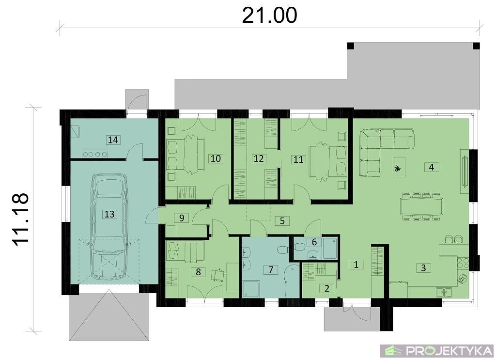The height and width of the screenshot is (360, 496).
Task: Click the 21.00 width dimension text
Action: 269,15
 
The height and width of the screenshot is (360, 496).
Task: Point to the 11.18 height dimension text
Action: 20,219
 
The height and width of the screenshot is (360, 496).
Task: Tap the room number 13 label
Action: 109,214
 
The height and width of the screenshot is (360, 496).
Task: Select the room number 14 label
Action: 113,140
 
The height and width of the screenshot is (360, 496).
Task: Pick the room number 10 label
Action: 216,158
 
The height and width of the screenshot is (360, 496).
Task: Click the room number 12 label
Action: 259,158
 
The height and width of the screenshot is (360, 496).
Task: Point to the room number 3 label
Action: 423,267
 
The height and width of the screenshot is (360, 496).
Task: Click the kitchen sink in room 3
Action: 444,292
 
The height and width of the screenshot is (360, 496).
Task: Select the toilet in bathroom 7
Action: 282,250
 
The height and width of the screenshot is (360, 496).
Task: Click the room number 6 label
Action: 314,242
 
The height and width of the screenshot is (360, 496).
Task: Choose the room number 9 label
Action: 182,218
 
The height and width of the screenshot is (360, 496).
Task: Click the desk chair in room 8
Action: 217,275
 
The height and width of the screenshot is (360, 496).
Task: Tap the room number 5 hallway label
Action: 282,220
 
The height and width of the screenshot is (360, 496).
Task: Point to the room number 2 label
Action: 327,288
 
